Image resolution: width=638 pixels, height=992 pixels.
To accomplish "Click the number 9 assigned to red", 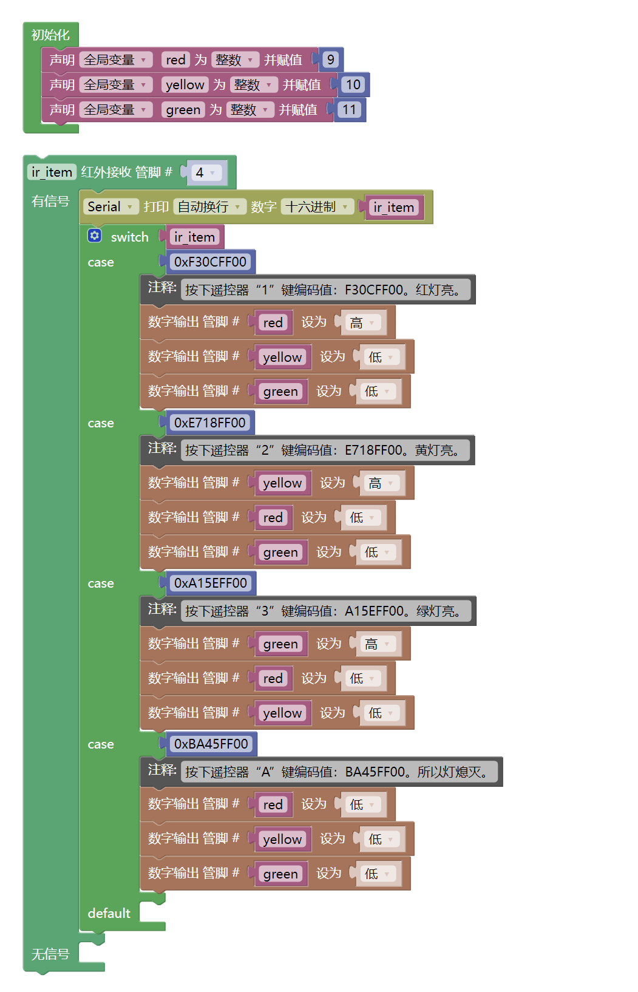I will click(x=330, y=59).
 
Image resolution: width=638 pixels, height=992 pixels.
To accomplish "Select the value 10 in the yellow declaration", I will click(x=353, y=84).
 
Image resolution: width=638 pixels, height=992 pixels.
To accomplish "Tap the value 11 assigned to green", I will click(x=348, y=109).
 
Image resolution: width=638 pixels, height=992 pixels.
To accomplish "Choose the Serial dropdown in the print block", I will click(x=110, y=206).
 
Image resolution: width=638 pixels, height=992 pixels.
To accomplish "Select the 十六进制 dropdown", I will click(x=317, y=206).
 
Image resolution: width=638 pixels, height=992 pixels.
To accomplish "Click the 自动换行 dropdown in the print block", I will click(x=209, y=206).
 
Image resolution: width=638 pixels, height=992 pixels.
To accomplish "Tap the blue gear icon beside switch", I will click(x=95, y=236).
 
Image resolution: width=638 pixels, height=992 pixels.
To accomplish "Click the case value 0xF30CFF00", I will click(x=210, y=262).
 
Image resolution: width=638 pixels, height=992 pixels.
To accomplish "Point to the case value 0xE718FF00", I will click(x=209, y=423).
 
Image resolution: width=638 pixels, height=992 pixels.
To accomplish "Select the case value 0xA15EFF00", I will click(x=210, y=583).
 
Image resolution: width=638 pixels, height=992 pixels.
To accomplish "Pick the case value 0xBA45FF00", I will click(x=211, y=744).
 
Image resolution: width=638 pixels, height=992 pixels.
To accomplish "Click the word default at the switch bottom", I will click(x=109, y=913).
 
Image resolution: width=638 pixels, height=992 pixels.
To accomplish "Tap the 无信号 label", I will click(x=50, y=954).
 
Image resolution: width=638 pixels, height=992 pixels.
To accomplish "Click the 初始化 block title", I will click(x=50, y=35).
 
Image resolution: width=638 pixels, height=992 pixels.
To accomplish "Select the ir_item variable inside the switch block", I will click(x=194, y=237).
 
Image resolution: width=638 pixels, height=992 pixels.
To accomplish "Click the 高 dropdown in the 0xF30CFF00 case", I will click(x=362, y=322).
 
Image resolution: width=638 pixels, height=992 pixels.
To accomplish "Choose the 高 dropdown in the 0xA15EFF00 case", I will click(x=377, y=644).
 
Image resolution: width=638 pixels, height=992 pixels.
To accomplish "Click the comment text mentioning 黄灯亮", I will click(x=325, y=450).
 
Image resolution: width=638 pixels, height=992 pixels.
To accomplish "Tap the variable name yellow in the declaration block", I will click(x=185, y=84).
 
